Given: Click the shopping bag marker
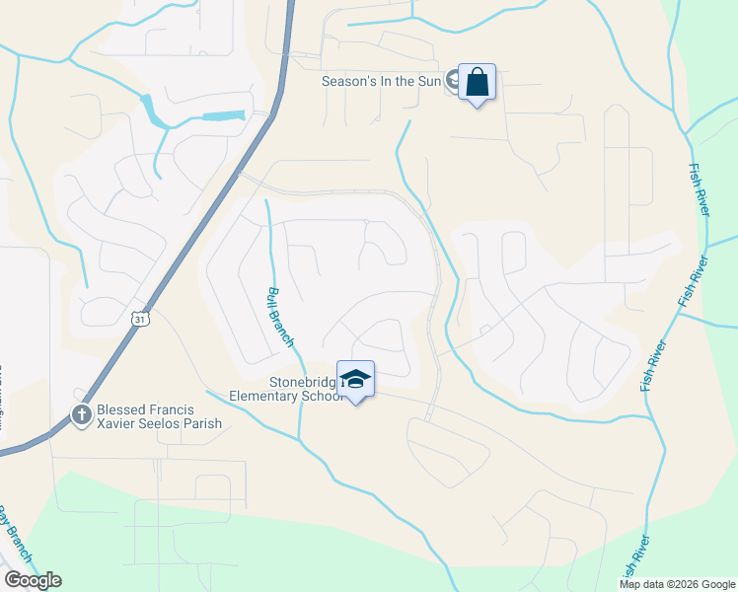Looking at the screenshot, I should tap(477, 84).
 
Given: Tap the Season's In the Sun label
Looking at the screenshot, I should tap(383, 81).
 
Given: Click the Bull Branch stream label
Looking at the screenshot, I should tap(279, 317).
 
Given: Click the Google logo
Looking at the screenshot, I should tap(33, 580).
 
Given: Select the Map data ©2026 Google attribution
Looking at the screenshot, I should tap(677, 584).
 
